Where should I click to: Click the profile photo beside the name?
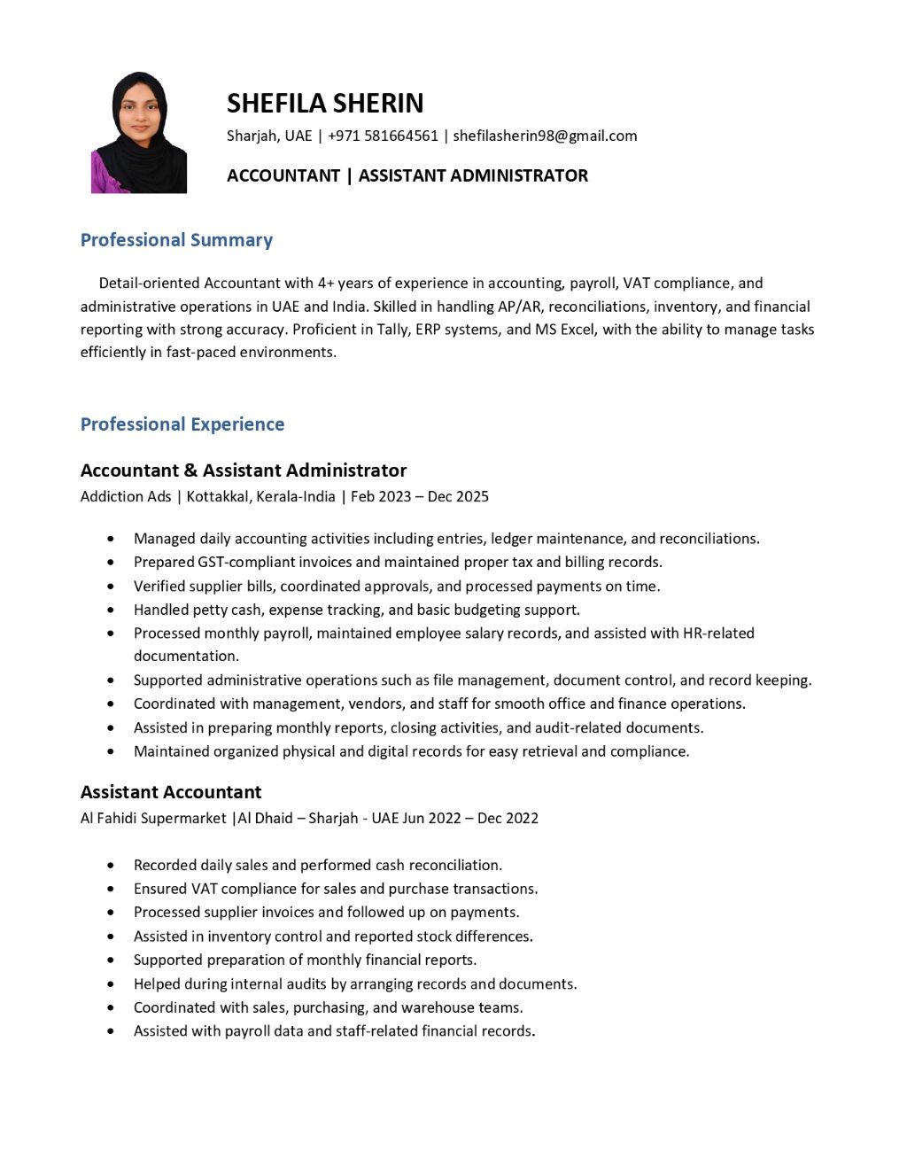pyautogui.click(x=139, y=133)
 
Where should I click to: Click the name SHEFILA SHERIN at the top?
pyautogui.click(x=325, y=104)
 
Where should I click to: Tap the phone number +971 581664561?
pyautogui.click(x=383, y=136)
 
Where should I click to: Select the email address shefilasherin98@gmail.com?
pyautogui.click(x=545, y=136)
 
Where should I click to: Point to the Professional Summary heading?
pyautogui.click(x=176, y=240)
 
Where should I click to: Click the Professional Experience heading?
pyautogui.click(x=182, y=424)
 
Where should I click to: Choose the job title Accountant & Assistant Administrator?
pyautogui.click(x=244, y=470)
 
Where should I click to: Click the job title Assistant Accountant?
pyautogui.click(x=171, y=792)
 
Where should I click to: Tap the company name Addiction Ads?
pyautogui.click(x=126, y=496)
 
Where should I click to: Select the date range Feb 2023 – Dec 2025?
pyautogui.click(x=420, y=496)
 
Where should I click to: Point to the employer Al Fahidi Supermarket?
pyautogui.click(x=153, y=818)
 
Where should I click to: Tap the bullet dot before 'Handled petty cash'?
pyautogui.click(x=111, y=610)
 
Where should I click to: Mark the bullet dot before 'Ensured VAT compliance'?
pyautogui.click(x=111, y=889)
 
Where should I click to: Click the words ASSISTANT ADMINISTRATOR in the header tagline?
pyautogui.click(x=473, y=175)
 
